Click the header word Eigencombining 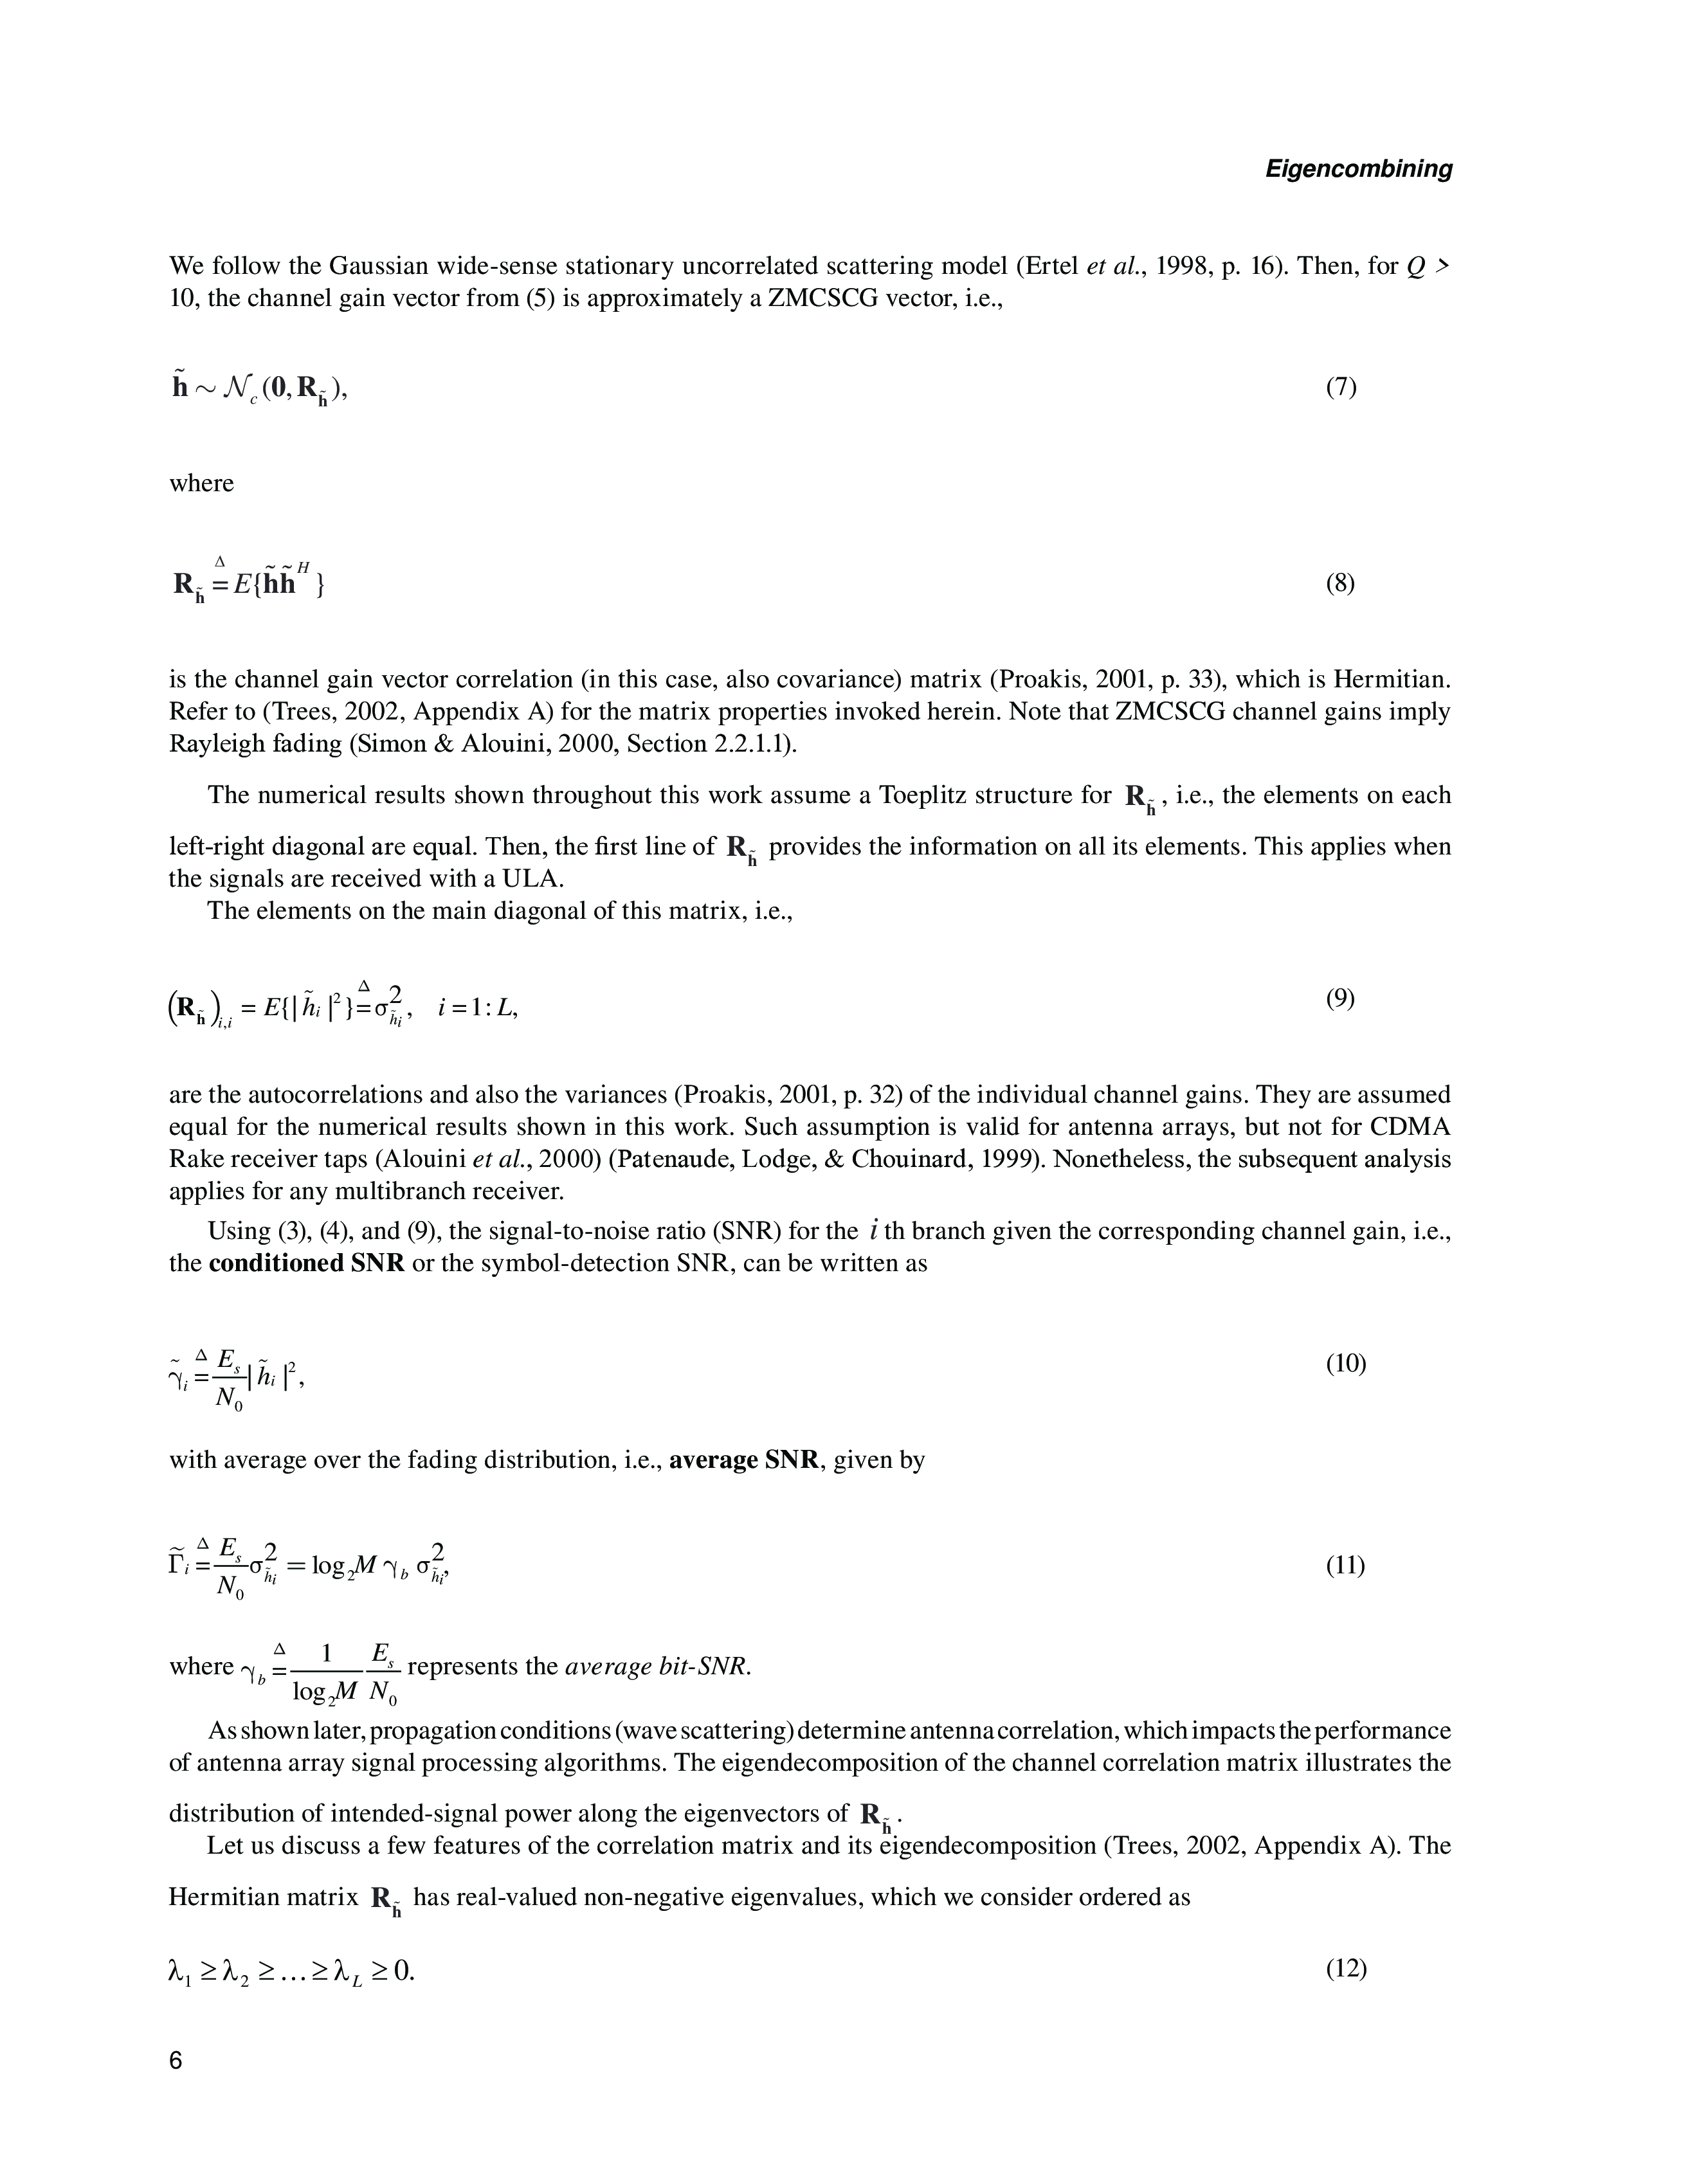point(1358,169)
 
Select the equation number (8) point(1340,583)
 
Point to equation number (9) point(1340,999)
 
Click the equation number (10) point(1347,1363)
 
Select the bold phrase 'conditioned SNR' point(306,1264)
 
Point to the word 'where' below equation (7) point(202,484)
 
